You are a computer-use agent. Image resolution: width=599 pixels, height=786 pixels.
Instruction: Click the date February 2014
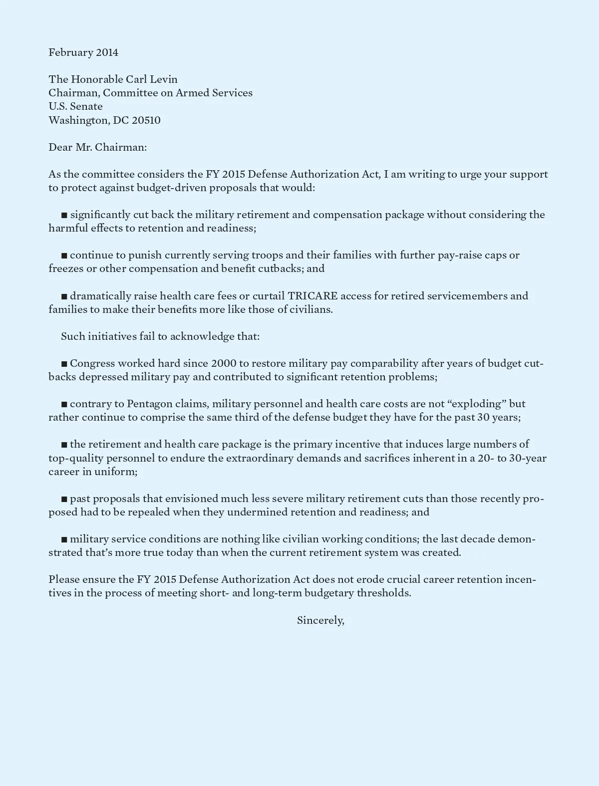point(83,52)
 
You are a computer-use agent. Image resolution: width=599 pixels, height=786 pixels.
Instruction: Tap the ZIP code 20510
point(146,120)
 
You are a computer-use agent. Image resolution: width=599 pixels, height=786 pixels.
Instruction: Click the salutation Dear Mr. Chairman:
point(97,147)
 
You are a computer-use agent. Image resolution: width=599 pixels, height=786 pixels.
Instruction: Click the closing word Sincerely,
point(320,620)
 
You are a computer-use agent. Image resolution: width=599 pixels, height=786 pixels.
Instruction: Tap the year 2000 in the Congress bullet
point(224,363)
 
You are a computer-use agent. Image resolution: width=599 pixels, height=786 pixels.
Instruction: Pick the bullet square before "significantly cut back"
point(64,215)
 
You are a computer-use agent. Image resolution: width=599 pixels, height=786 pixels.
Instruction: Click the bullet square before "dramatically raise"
point(64,296)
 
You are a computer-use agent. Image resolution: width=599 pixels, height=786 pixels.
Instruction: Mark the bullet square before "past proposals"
point(64,499)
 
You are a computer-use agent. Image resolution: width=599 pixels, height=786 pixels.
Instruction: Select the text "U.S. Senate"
point(75,106)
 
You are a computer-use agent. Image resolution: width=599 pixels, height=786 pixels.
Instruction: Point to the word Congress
point(92,363)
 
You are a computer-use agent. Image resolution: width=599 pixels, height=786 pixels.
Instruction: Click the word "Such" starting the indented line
point(73,336)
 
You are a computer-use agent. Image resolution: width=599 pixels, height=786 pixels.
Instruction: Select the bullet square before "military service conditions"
point(64,539)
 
